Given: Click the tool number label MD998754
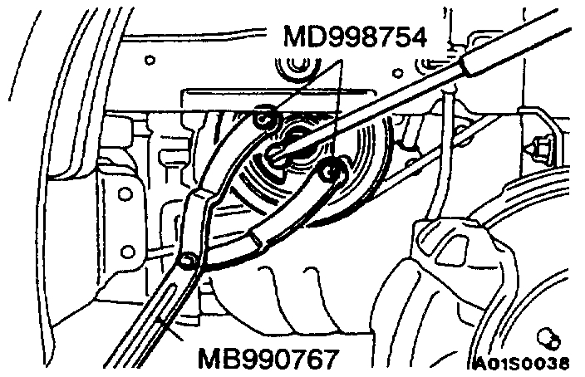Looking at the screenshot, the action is click(356, 38).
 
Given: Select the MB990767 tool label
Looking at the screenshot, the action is click(268, 360).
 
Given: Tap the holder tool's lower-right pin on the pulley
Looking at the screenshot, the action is click(335, 171).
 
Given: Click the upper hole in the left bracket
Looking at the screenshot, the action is click(125, 194).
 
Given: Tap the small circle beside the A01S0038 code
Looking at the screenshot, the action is click(547, 336).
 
